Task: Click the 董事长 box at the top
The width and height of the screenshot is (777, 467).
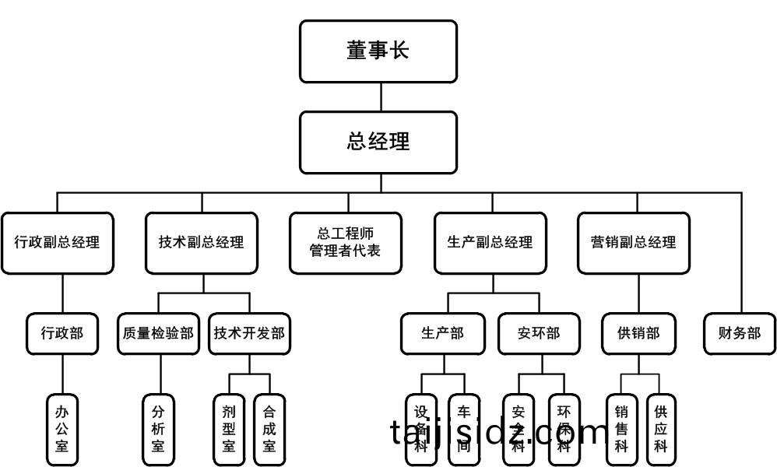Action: tap(378, 51)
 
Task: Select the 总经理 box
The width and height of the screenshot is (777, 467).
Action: tap(378, 142)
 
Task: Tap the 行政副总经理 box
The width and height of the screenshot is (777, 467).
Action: tap(58, 243)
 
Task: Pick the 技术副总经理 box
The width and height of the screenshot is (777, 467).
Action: tap(202, 243)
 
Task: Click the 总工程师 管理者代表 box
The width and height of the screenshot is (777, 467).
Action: tap(346, 243)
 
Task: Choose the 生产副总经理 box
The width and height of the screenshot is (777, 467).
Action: tap(491, 243)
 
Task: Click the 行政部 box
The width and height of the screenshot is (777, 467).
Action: tap(62, 334)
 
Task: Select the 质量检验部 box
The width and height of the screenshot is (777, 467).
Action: tap(159, 334)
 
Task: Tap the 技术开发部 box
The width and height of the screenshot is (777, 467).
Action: tap(249, 334)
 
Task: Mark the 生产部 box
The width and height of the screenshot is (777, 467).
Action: tap(443, 334)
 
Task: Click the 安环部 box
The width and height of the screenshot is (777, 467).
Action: tap(539, 334)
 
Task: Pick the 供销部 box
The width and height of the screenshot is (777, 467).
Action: tap(638, 334)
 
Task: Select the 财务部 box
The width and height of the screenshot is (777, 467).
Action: tap(740, 334)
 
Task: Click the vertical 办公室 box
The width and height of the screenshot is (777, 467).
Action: tap(62, 428)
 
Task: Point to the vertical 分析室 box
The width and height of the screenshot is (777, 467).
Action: tap(158, 428)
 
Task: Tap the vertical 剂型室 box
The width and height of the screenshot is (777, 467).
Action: tap(229, 428)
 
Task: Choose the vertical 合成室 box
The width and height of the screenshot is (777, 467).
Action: tap(269, 428)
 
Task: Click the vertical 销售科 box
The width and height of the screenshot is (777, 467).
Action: tap(621, 428)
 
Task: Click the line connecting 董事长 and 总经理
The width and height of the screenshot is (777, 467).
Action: tap(381, 97)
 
